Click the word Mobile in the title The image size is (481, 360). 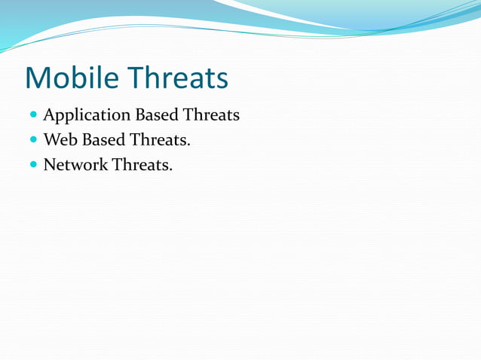pyautogui.click(x=72, y=77)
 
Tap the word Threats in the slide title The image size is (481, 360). pyautogui.click(x=176, y=77)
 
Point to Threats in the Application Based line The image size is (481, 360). pyautogui.click(x=211, y=115)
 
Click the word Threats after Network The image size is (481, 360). pyautogui.click(x=142, y=163)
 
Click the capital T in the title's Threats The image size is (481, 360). pyautogui.click(x=134, y=77)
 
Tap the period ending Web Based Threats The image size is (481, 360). pyautogui.click(x=188, y=145)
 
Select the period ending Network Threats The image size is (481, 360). pyautogui.click(x=171, y=169)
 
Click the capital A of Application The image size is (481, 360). pyautogui.click(x=50, y=115)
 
